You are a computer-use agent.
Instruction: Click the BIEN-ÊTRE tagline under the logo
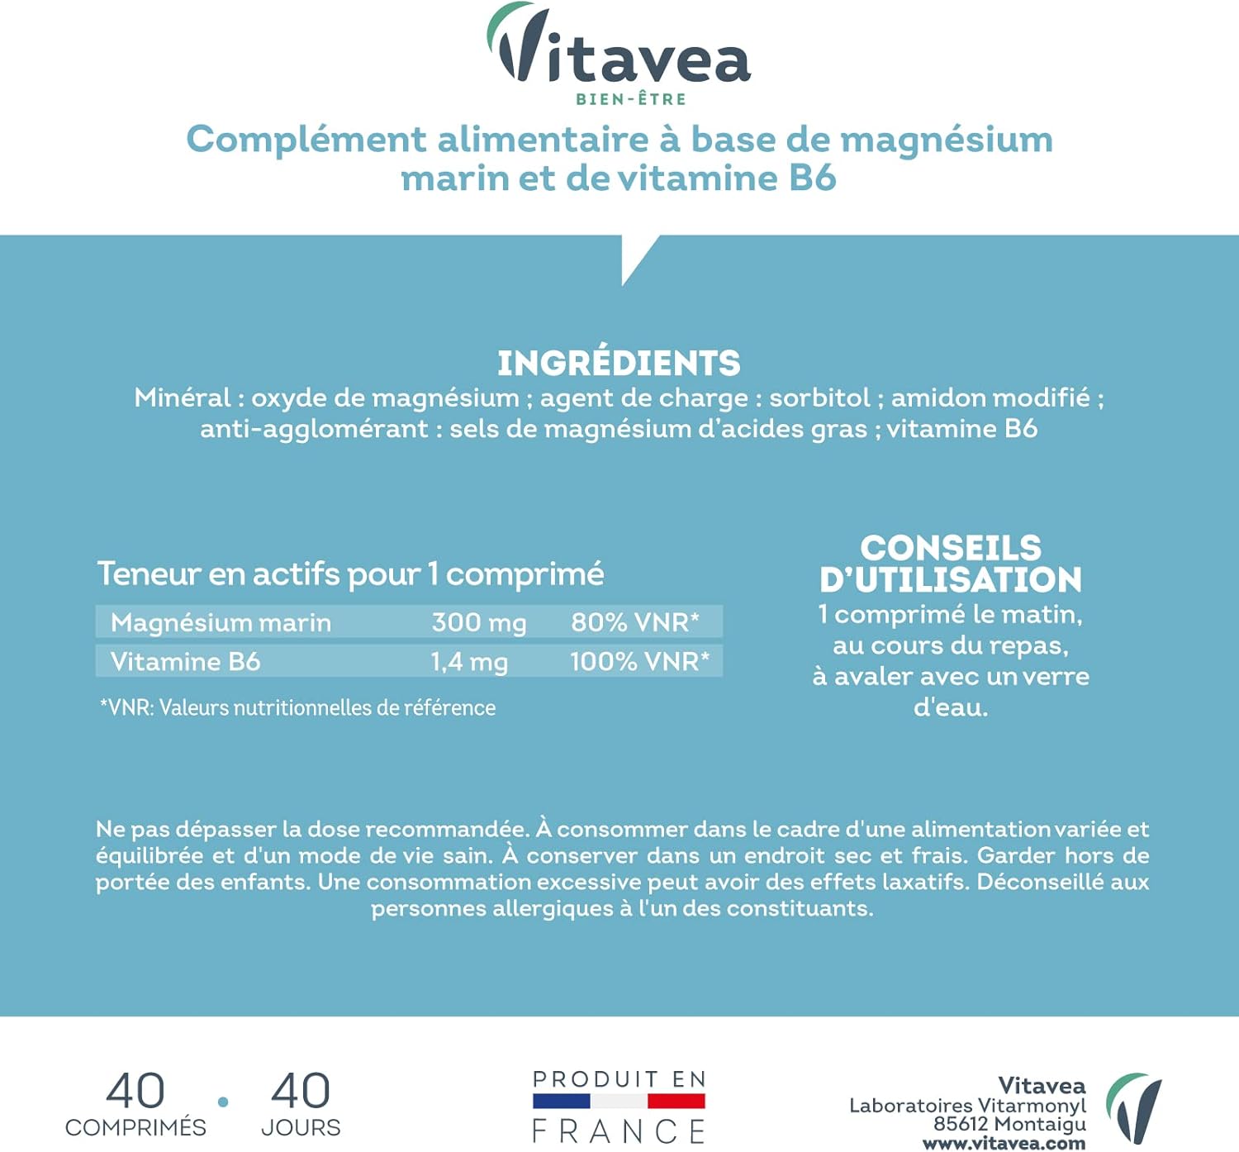(x=631, y=99)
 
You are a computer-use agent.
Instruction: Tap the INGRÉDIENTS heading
(x=619, y=364)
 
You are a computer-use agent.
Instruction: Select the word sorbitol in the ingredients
(x=819, y=398)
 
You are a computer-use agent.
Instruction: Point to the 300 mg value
(x=479, y=622)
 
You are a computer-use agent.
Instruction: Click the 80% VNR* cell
(x=635, y=622)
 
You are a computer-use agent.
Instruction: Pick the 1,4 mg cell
(x=469, y=662)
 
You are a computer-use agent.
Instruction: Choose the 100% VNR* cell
(x=639, y=662)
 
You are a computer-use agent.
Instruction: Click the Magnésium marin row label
(x=221, y=622)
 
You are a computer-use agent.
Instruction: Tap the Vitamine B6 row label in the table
(x=185, y=662)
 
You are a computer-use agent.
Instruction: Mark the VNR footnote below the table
(x=297, y=708)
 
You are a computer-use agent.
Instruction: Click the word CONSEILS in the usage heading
(x=951, y=548)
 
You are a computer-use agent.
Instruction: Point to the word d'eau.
(x=950, y=708)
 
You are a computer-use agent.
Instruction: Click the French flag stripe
(x=619, y=1102)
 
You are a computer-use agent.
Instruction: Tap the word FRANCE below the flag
(x=619, y=1131)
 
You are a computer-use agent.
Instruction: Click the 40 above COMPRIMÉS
(x=135, y=1092)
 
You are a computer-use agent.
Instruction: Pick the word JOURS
(x=301, y=1128)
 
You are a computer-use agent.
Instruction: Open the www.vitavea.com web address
(x=1004, y=1144)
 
